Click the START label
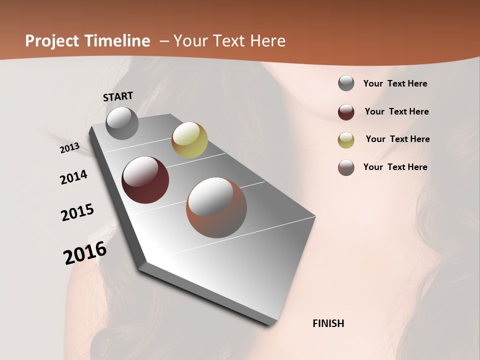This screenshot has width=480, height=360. (x=118, y=96)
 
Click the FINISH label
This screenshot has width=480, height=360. (x=328, y=323)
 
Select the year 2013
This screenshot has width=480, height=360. (x=70, y=147)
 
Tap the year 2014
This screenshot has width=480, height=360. (x=73, y=177)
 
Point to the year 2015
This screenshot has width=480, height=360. (x=77, y=212)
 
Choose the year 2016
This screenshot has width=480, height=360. (x=85, y=253)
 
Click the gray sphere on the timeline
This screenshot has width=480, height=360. (x=122, y=123)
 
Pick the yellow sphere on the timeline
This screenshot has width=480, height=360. (x=189, y=140)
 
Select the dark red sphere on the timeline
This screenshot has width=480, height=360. (x=145, y=180)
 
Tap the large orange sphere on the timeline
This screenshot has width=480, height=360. (x=216, y=207)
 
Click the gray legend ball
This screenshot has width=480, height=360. (x=346, y=83)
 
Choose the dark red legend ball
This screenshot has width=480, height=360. (x=346, y=112)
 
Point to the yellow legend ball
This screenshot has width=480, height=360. (x=346, y=139)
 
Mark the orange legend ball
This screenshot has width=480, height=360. (x=346, y=167)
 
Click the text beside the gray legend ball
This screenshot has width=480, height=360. (x=395, y=84)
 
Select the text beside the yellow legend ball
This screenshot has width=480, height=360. (x=397, y=139)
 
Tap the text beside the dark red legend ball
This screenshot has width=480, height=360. (x=396, y=111)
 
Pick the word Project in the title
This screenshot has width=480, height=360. (x=51, y=41)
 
